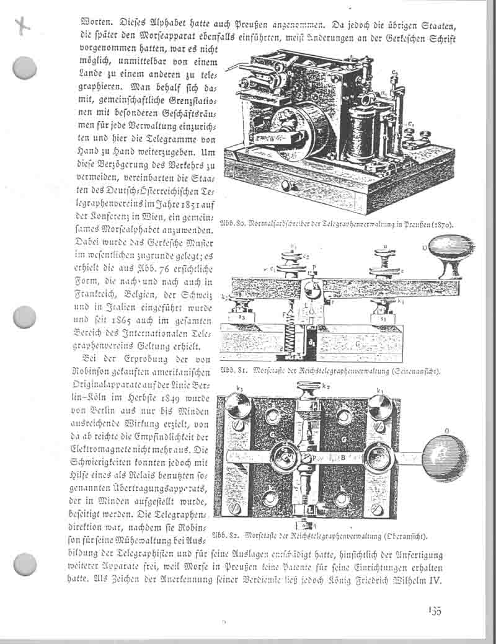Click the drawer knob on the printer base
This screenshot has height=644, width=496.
[285, 185]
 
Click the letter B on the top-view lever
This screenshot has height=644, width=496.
[342, 458]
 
